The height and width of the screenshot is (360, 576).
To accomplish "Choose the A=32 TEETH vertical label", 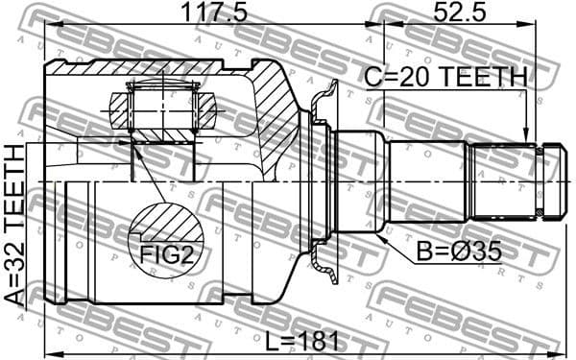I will pos(14,225).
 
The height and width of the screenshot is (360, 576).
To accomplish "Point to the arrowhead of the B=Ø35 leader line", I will pos(381,232).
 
